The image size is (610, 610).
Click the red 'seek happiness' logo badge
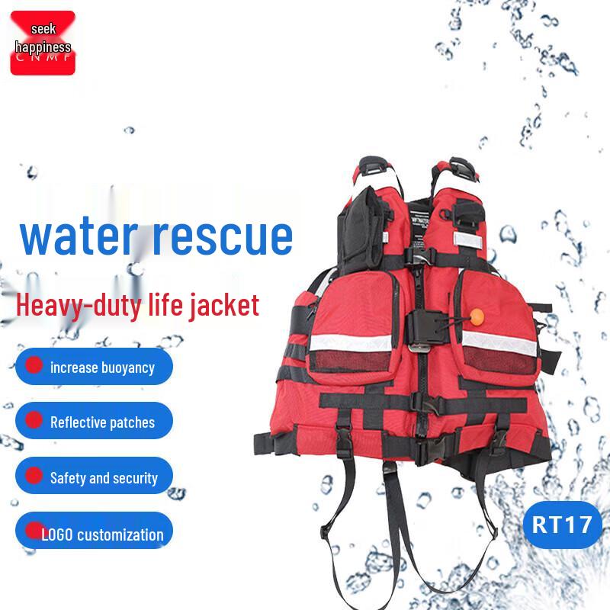(x=43, y=43)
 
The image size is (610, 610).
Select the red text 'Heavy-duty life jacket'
(x=138, y=305)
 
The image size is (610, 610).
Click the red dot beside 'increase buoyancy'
(x=34, y=364)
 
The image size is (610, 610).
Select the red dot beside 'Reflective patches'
(x=34, y=419)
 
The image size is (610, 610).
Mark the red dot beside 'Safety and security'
(x=34, y=475)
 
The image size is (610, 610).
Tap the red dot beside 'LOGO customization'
(x=34, y=530)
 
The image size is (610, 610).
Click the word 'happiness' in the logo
(x=43, y=47)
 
